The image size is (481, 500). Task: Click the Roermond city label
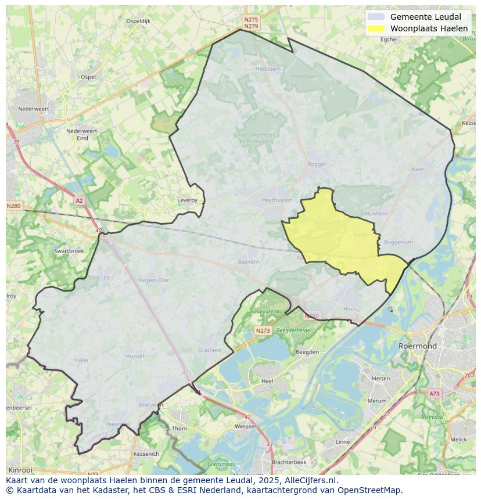417,346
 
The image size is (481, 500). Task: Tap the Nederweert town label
33,109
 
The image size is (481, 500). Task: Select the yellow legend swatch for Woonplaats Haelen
376,28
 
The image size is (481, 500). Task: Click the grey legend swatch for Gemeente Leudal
376,17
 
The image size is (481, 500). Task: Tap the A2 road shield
79,201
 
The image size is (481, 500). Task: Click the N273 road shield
263,330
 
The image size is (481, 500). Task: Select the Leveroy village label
187,200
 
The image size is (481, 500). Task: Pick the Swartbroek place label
69,251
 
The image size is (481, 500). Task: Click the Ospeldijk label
138,21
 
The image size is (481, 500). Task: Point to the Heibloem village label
268,69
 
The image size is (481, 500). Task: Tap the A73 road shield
435,394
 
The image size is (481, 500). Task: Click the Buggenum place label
399,242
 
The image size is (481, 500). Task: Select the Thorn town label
180,429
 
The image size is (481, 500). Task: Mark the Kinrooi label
21,469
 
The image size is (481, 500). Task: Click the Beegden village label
307,352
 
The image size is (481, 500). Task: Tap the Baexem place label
248,262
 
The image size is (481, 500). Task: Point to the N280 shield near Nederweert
13,206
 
